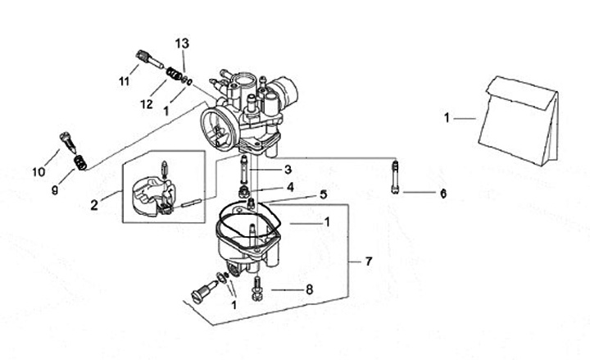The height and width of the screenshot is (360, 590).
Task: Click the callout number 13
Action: point(182,43)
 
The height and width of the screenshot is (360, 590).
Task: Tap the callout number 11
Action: point(125,81)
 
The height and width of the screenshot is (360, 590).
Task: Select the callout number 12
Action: point(147,104)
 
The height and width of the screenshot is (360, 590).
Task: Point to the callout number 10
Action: point(39,172)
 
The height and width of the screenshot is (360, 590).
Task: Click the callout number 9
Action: point(55,190)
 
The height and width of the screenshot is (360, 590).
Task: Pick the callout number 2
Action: point(94,205)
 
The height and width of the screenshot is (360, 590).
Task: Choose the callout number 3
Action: point(288,170)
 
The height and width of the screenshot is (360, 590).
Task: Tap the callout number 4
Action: point(290,187)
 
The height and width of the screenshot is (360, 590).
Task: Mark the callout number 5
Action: point(324,194)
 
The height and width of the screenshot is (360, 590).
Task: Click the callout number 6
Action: point(443,194)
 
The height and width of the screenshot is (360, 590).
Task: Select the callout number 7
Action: point(369,261)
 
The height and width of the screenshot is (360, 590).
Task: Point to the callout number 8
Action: point(309,289)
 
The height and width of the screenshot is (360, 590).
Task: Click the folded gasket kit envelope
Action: point(519,121)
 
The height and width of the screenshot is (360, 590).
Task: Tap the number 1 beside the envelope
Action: point(447,118)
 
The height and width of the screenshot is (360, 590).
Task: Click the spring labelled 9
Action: point(80,162)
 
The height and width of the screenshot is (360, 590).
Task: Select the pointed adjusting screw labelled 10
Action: point(69,142)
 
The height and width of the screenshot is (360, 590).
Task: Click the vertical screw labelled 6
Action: point(395,177)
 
